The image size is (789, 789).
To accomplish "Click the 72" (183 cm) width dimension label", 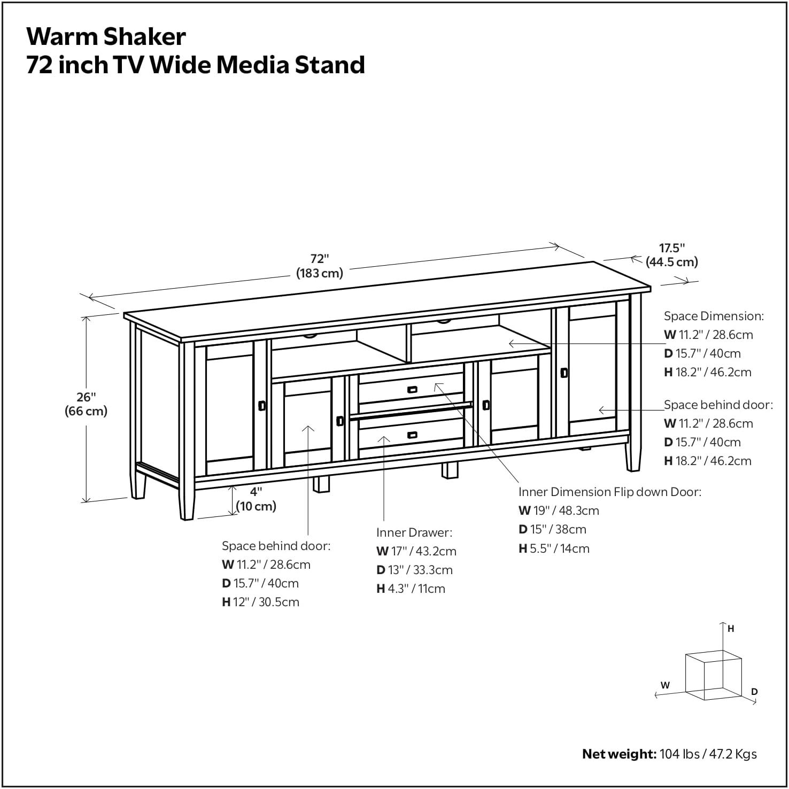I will tap(319, 266).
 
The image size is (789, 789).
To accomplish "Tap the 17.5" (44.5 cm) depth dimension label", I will tap(671, 255).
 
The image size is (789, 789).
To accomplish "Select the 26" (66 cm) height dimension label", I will tap(86, 404).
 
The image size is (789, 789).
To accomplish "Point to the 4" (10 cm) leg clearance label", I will tap(256, 499).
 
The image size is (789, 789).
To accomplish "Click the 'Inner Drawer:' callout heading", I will tap(414, 532).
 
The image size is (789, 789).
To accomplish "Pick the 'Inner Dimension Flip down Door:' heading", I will tap(609, 492).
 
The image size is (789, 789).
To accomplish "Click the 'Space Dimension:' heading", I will tap(714, 316).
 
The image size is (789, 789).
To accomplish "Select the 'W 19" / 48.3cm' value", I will tap(559, 510).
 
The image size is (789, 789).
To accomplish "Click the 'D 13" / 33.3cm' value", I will tap(414, 570).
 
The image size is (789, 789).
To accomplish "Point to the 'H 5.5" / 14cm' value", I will tap(554, 548).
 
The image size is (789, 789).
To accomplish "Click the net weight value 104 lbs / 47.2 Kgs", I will tap(708, 754).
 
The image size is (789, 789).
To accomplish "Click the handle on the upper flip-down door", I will tap(412, 390).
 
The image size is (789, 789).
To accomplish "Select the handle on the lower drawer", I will tap(412, 435).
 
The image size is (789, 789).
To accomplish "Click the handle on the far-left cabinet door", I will tap(262, 406).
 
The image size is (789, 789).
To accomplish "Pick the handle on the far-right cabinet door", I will tap(563, 373).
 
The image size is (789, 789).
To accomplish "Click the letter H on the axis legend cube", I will tap(731, 629).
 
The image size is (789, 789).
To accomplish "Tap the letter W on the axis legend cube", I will tap(665, 685).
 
